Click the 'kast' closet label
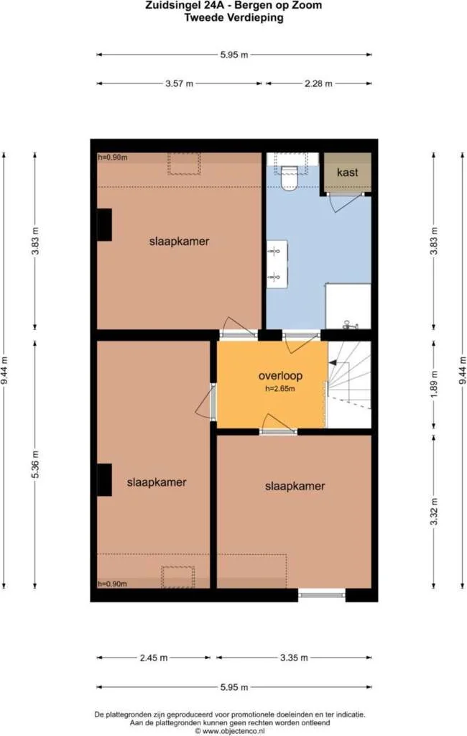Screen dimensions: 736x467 (347, 172)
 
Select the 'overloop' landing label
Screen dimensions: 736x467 (280, 376)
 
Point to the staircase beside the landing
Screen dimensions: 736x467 (349, 385)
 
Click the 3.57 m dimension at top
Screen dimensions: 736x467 (180, 84)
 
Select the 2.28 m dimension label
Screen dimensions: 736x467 (318, 84)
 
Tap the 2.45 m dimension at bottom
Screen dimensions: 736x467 (154, 658)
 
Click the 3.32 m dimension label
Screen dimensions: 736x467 (433, 510)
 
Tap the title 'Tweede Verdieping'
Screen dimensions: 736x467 (233, 18)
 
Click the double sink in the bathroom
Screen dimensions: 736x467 (277, 263)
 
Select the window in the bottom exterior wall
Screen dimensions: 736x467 (321, 594)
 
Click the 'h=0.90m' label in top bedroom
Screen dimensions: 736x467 (113, 158)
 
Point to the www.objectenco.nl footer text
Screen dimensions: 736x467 (233, 730)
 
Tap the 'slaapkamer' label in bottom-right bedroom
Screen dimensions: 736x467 (295, 487)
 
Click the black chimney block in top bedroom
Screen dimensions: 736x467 (105, 225)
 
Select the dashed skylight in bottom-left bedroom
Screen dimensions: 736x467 (177, 577)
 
